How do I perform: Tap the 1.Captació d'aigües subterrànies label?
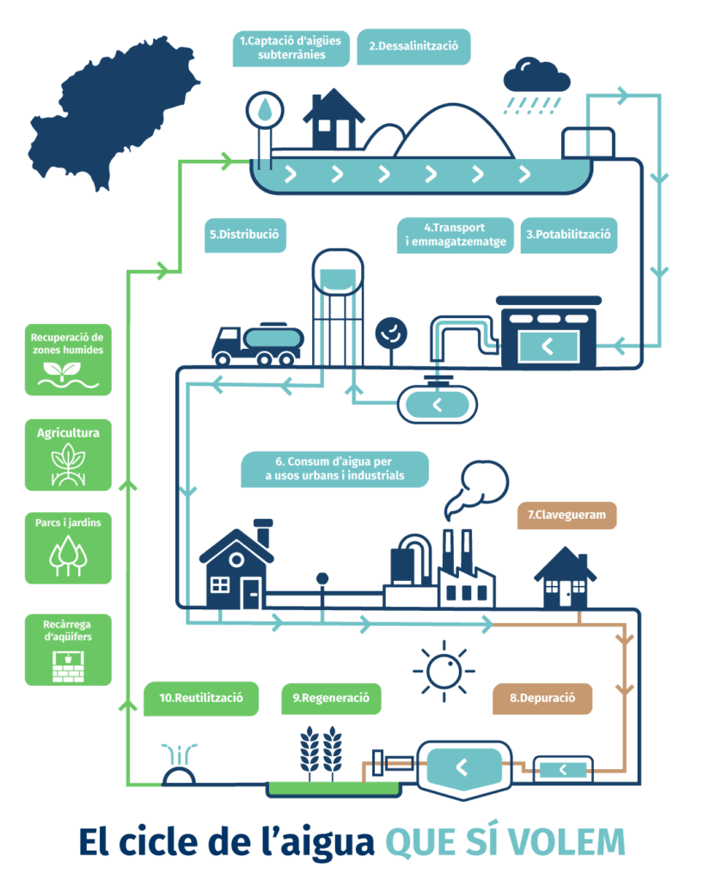291,48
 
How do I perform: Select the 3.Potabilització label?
569,234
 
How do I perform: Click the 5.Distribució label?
246,234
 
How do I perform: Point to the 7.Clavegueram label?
566,516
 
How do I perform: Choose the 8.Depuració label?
542,698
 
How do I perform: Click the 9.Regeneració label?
331,698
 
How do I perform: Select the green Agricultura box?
68,455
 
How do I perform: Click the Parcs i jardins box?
68,547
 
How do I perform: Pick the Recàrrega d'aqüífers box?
68,649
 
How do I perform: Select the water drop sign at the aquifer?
264,110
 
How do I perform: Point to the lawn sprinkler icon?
179,767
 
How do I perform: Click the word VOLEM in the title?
568,842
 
